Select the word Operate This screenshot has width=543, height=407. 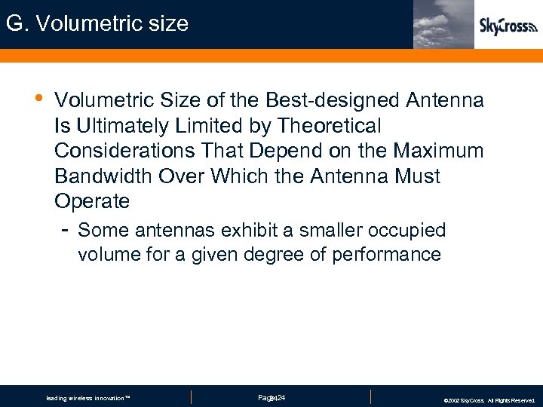point(92,202)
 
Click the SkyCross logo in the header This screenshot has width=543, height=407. point(508,27)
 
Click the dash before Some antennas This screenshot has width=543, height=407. point(66,228)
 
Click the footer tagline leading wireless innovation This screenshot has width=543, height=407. point(88,398)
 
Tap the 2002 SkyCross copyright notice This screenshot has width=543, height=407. point(489,400)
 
